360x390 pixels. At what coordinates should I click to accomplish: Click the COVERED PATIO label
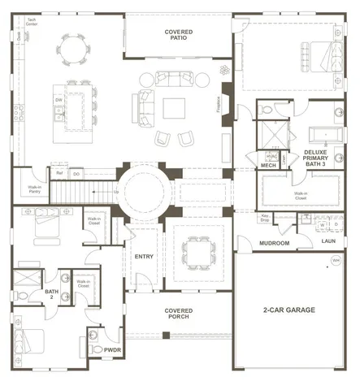coord(178,35)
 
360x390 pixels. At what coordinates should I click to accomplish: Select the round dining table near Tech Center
coord(74,51)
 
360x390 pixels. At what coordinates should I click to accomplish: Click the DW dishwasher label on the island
coord(59,100)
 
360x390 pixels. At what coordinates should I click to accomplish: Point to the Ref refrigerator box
coord(59,173)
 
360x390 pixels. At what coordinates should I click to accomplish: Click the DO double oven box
coord(76,173)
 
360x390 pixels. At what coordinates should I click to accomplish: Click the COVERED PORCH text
coord(178,314)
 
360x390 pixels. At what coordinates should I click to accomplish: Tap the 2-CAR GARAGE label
coord(290,310)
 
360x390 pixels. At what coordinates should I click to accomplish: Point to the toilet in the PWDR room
coord(98,349)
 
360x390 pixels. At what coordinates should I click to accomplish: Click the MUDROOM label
coord(274,242)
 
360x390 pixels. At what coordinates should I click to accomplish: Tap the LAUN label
coord(328,240)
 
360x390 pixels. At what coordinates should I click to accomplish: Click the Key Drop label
coord(265,219)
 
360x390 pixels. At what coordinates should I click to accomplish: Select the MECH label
coord(269,166)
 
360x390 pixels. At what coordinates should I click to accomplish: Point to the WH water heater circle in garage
coord(336,261)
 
